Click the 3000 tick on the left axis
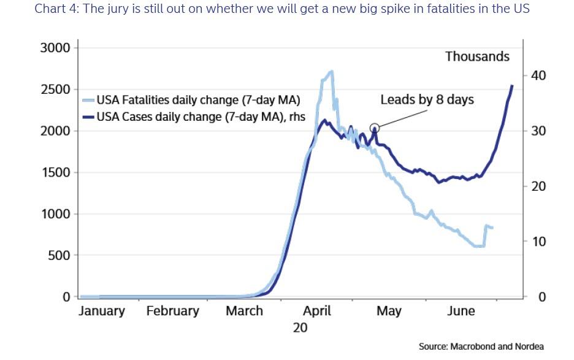click(x=55, y=48)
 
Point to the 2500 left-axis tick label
click(x=55, y=90)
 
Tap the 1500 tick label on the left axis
click(x=55, y=172)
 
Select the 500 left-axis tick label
click(x=59, y=255)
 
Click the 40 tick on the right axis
click(x=538, y=75)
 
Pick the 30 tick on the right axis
click(x=538, y=131)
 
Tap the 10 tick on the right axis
click(x=538, y=242)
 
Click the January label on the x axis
click(x=102, y=311)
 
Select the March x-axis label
click(x=244, y=311)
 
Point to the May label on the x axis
click(x=389, y=311)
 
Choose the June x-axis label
click(x=461, y=311)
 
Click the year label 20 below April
click(x=300, y=327)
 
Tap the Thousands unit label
click(x=477, y=56)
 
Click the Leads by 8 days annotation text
click(x=427, y=99)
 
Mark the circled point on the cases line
click(x=375, y=128)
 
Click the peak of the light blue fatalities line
click(x=331, y=71)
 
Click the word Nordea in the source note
click(x=530, y=347)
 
